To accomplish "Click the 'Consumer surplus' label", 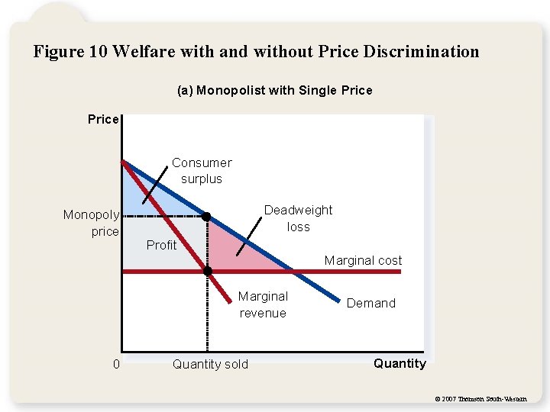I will [202, 171].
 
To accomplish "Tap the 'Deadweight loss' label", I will [298, 218].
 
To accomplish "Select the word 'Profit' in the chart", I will [161, 245].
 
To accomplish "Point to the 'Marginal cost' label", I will [363, 260].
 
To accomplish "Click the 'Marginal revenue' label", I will [263, 304].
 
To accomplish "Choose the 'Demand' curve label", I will [371, 303].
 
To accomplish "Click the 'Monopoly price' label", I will [91, 223].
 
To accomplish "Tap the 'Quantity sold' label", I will [210, 364].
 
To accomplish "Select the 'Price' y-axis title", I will [103, 119].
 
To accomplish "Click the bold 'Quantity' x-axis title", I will [400, 363].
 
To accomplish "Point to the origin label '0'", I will [116, 364].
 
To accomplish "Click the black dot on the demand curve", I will [206, 217].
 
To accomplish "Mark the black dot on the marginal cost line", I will [207, 271].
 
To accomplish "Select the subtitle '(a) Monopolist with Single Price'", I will [275, 90].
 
